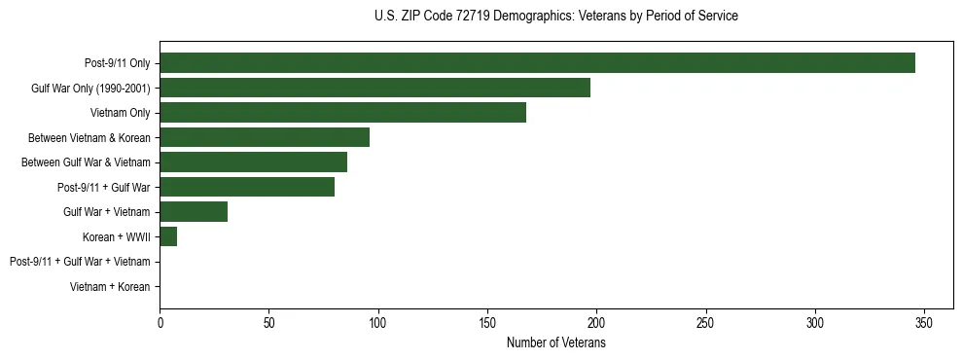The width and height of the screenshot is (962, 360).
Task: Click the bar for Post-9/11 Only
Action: (537, 63)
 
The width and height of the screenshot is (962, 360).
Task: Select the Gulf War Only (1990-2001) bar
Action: (374, 88)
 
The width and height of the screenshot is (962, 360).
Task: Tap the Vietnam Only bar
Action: (342, 113)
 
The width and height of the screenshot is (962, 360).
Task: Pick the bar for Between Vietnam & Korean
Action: (265, 137)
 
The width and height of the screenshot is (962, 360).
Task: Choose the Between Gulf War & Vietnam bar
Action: (253, 162)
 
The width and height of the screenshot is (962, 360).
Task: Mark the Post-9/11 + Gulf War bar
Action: (247, 187)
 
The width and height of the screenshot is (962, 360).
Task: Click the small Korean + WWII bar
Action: (168, 236)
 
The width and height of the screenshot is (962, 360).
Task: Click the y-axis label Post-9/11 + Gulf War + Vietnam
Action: (80, 262)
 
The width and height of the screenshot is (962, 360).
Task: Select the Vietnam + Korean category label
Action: (110, 287)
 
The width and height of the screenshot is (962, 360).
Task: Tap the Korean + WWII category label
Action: (117, 236)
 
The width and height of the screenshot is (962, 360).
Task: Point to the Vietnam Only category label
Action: (120, 113)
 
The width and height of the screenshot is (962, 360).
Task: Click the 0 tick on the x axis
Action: (160, 322)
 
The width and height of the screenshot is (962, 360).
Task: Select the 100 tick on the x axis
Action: (378, 322)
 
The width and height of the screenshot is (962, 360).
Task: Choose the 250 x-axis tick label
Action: (706, 322)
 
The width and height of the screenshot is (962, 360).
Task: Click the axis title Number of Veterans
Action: (556, 342)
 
